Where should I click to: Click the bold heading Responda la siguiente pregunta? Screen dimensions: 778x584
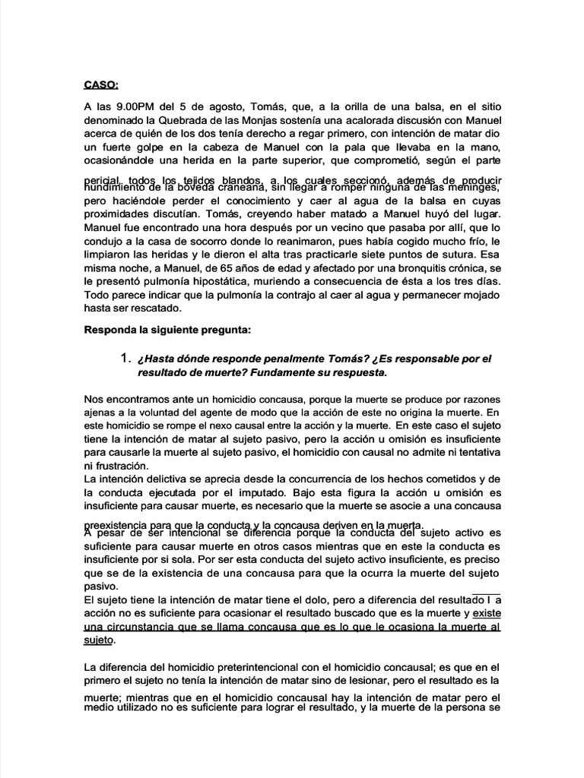tap(172, 332)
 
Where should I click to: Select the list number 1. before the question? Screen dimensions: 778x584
tap(127, 358)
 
